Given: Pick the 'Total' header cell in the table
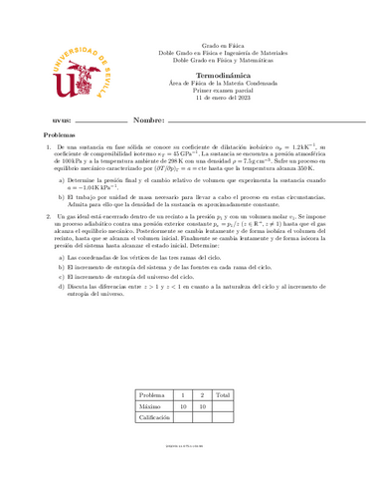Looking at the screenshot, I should [x=223, y=395].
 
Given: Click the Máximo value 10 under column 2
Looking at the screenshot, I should [x=202, y=406].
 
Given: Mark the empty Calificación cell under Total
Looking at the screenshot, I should [x=223, y=419].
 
